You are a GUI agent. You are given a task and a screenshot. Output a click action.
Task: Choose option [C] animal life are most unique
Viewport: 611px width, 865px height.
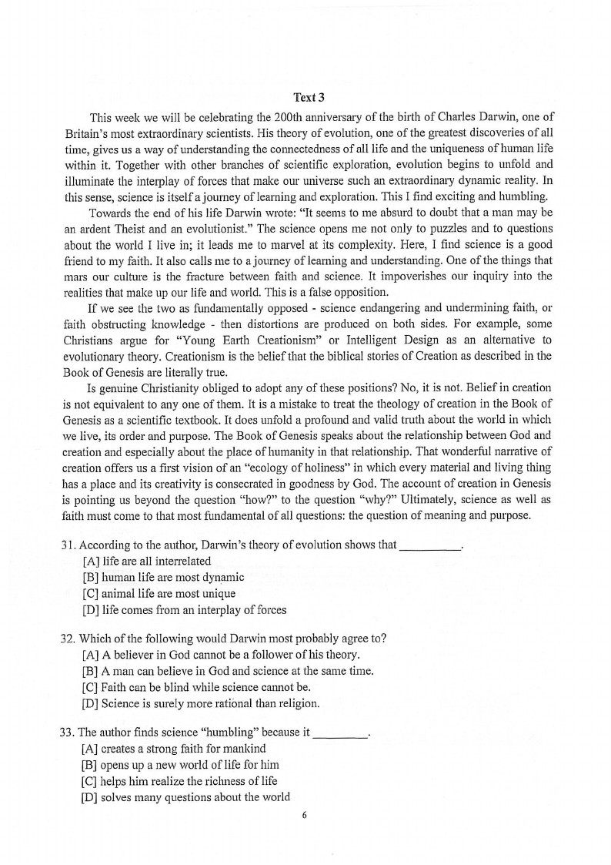(159, 594)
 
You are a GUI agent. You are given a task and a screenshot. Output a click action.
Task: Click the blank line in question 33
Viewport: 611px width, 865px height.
(341, 733)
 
